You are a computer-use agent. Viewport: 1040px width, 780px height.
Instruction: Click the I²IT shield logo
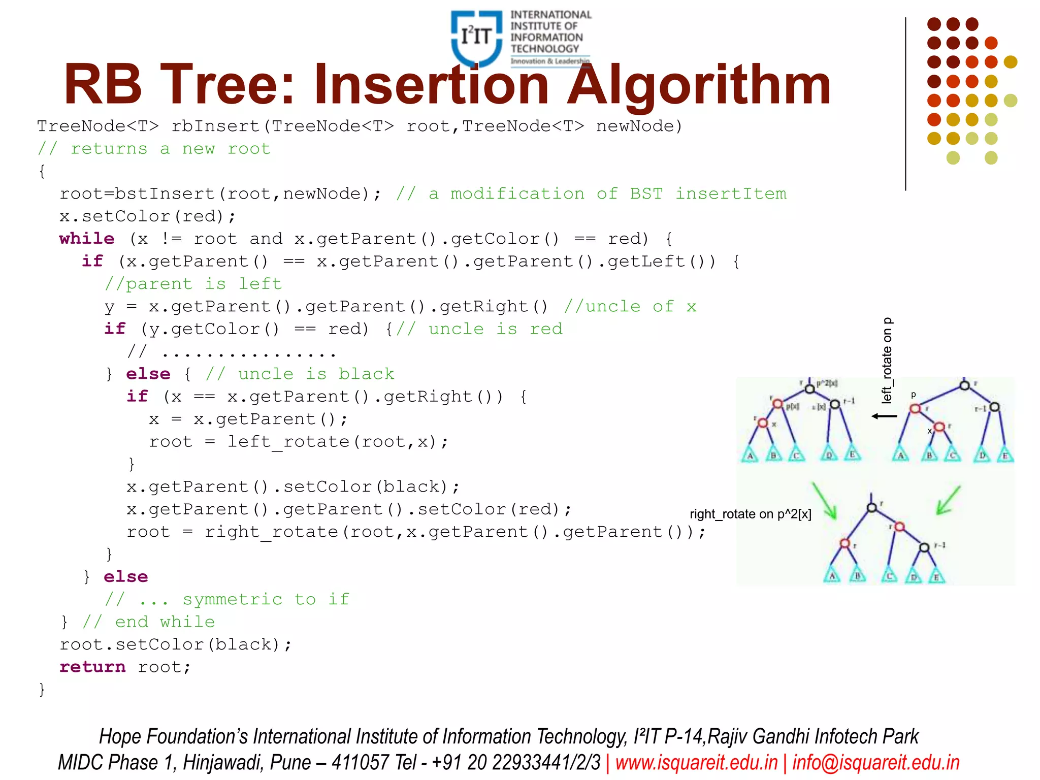pos(476,38)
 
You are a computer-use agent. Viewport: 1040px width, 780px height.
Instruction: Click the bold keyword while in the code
pos(87,239)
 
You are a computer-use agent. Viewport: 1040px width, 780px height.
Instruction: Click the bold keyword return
pos(92,667)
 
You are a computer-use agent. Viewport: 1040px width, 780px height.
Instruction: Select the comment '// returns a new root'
pos(154,149)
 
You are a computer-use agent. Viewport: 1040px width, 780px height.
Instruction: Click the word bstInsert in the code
pos(165,194)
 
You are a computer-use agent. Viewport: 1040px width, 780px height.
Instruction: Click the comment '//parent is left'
pos(193,284)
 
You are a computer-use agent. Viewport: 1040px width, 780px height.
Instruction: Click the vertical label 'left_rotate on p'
pos(887,361)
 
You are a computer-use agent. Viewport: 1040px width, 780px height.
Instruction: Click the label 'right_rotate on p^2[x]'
pos(750,514)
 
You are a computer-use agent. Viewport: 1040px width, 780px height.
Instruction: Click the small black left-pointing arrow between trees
pos(884,416)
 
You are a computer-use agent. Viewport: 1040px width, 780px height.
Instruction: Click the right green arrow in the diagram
pos(948,500)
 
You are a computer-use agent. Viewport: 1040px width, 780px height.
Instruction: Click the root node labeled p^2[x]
pos(810,389)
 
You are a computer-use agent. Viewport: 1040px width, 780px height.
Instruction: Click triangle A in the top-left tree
pos(750,455)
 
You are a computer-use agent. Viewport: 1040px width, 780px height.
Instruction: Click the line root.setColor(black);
pos(176,644)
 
